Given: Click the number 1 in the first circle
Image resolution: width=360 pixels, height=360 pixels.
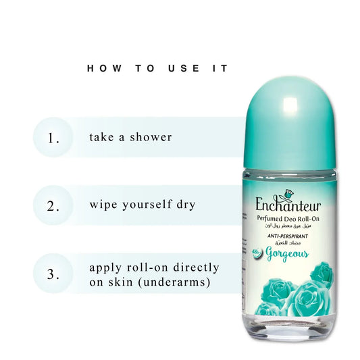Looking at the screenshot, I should coord(53,138).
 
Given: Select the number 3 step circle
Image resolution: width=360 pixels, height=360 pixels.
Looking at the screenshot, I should coord(53,274).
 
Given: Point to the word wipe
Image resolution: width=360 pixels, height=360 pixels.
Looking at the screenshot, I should coord(103,204).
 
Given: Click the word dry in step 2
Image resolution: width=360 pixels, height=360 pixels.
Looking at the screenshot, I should coord(186,204).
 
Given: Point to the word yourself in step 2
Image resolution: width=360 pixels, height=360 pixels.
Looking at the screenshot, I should coord(149,204).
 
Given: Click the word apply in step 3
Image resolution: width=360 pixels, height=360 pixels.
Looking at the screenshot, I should coord(105,267).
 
